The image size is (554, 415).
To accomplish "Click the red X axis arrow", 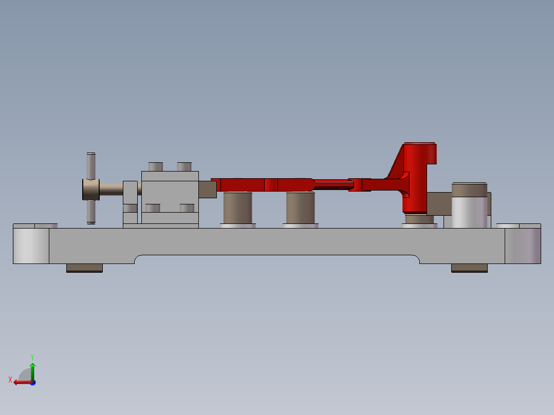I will (x=21, y=382).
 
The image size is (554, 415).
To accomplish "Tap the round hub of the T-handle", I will (x=90, y=190).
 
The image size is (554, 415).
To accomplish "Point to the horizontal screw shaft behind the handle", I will (x=111, y=190).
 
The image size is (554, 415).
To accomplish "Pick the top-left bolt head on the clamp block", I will (x=155, y=166).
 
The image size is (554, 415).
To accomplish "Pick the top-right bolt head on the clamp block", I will (x=184, y=166).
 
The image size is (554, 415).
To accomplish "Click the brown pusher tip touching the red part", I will (x=208, y=190).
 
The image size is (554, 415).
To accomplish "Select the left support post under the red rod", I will (x=238, y=207).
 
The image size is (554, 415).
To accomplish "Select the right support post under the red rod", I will (x=301, y=207).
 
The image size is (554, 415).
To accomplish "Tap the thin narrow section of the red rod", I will (x=331, y=184).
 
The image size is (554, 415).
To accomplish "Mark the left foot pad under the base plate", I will (x=84, y=268).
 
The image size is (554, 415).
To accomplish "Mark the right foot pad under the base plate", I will (x=469, y=268).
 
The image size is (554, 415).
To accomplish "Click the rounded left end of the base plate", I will (x=30, y=246).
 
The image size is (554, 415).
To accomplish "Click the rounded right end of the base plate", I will (x=523, y=246).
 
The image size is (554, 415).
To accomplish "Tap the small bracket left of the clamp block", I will (x=130, y=203).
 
